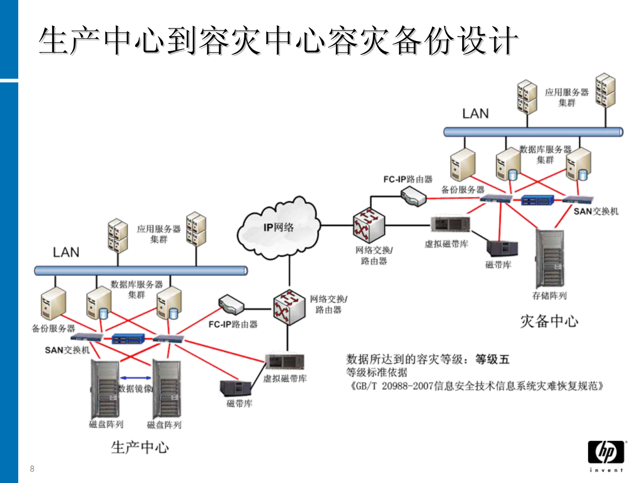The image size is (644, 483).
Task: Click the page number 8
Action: [x=32, y=469]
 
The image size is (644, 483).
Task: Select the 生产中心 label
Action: [x=140, y=447]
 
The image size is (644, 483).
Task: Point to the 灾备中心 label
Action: [x=549, y=321]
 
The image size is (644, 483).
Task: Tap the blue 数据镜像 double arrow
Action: [x=135, y=378]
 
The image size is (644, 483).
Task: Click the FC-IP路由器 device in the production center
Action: [x=230, y=305]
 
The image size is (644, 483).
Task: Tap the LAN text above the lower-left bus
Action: [x=66, y=252]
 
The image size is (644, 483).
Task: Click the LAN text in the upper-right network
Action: [x=475, y=114]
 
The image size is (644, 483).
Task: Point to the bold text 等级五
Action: [x=492, y=359]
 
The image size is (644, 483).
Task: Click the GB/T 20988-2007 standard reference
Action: [x=477, y=386]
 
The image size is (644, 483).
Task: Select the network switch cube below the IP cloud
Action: [x=289, y=307]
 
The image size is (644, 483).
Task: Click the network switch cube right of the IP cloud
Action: [x=368, y=226]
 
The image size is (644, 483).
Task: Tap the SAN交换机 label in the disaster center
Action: [x=596, y=211]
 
